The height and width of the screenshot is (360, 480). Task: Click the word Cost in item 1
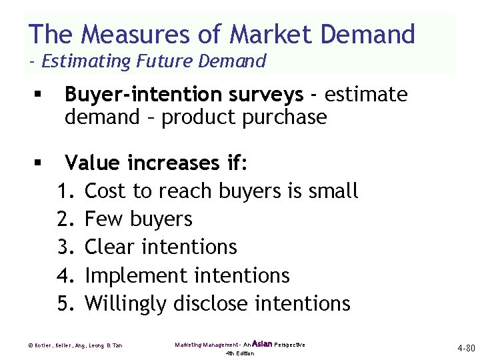tap(107, 191)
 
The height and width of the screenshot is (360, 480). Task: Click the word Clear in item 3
tap(109, 247)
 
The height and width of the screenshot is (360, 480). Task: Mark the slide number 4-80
tap(465, 348)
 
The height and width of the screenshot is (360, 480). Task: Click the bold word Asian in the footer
tap(262, 344)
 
